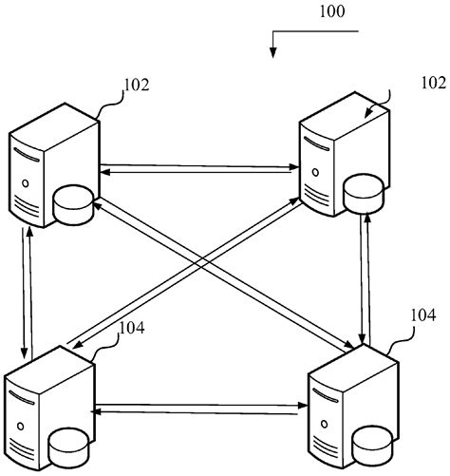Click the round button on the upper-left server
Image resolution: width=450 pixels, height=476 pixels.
[26, 181]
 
